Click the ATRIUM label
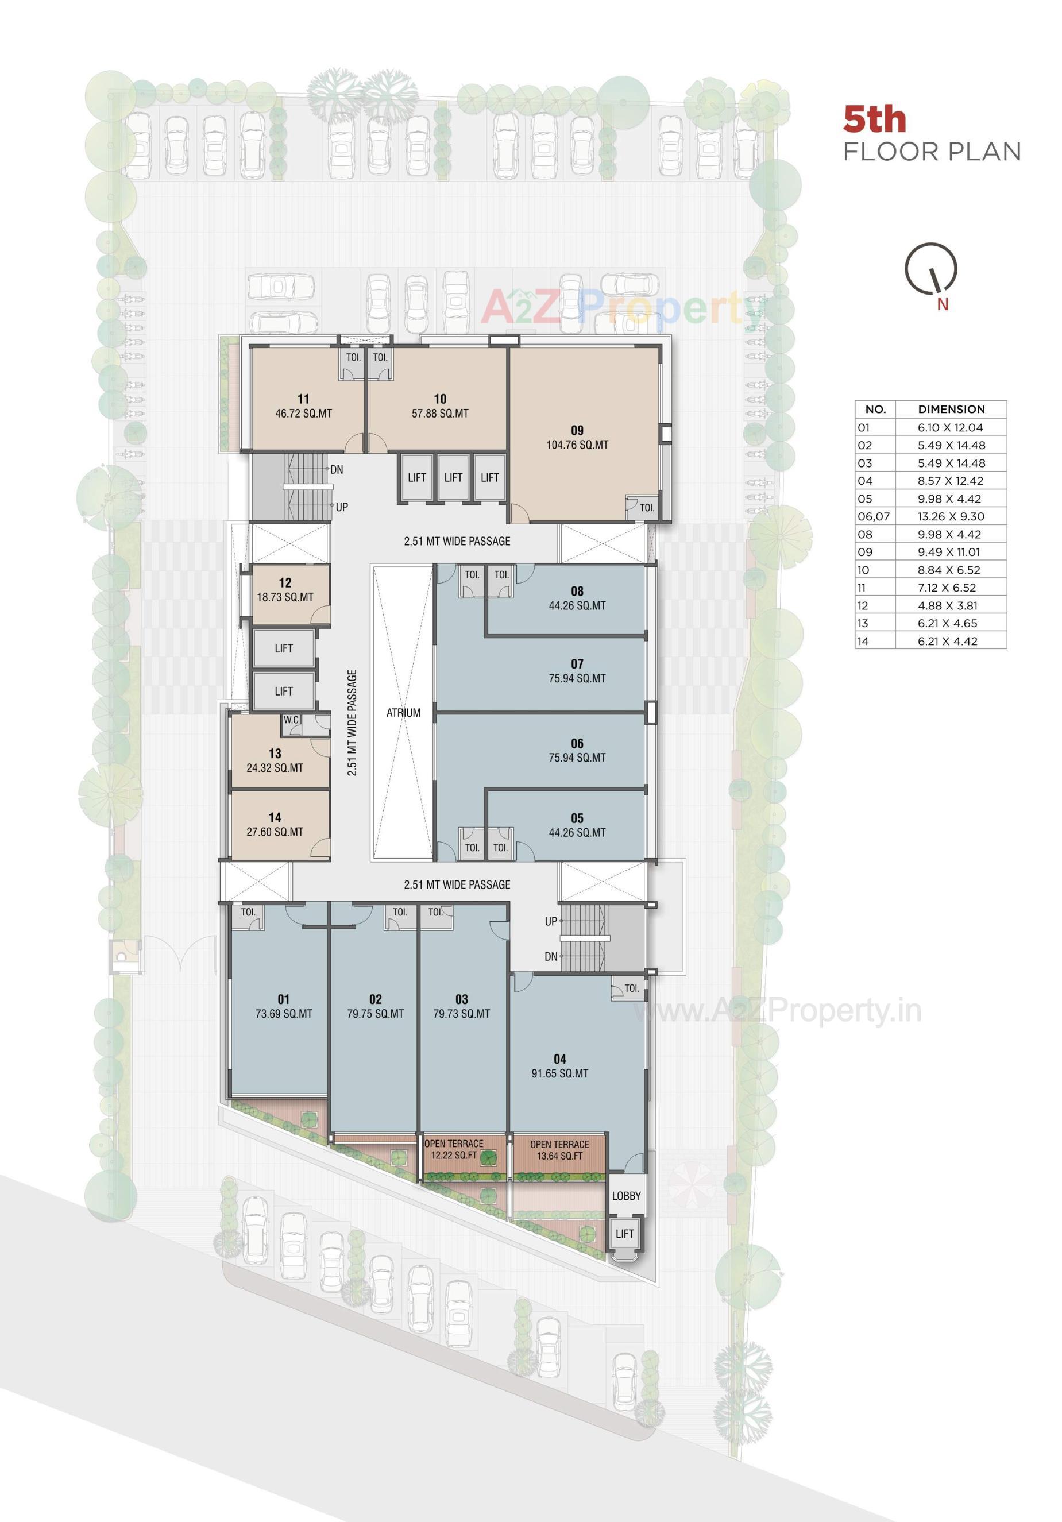403,713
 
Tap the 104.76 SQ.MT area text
577,445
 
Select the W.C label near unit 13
291,719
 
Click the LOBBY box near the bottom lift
626,1196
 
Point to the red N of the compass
942,304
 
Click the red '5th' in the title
874,120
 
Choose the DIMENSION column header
951,409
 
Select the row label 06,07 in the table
874,516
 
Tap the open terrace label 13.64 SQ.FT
559,1156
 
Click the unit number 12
285,583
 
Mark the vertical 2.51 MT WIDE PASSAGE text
352,723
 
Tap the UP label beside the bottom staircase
551,921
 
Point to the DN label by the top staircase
337,469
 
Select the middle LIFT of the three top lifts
453,477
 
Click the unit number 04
559,1059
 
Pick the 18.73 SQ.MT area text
285,597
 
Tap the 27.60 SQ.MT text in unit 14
275,832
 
